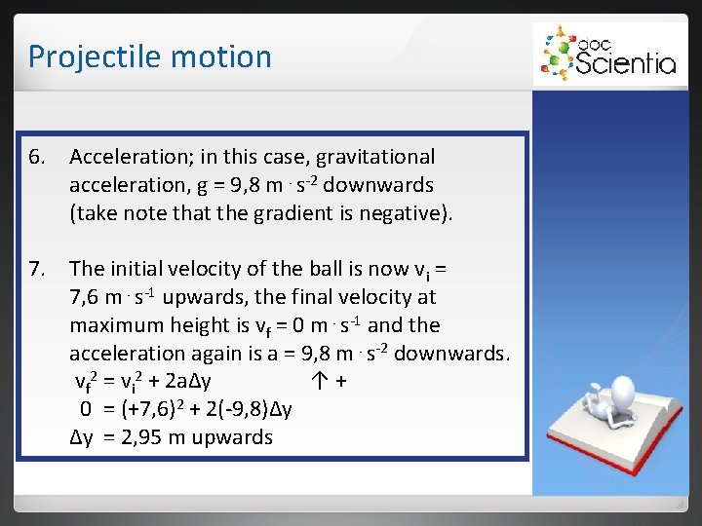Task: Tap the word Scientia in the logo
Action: [625, 63]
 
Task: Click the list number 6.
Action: [38, 157]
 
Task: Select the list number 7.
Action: [38, 269]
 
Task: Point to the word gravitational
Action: [369, 157]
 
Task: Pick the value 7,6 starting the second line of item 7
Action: [87, 297]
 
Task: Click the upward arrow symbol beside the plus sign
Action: [319, 382]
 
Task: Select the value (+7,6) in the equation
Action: [147, 410]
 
